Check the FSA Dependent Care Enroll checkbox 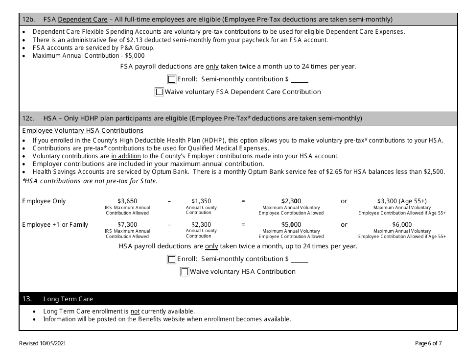(x=171, y=79)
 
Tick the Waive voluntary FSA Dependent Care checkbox (x=159, y=92)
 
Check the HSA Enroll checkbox (x=171, y=259)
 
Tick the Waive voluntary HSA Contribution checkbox (x=185, y=272)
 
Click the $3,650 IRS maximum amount (x=127, y=201)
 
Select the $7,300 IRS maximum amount (x=127, y=225)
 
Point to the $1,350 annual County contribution (x=201, y=201)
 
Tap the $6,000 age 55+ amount (x=402, y=225)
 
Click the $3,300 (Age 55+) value (x=402, y=201)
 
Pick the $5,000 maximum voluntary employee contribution (x=291, y=225)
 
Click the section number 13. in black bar (x=27, y=299)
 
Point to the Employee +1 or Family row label (x=55, y=225)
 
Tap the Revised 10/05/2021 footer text (x=42, y=344)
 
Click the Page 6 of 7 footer (x=428, y=344)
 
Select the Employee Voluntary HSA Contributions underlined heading (x=83, y=131)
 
